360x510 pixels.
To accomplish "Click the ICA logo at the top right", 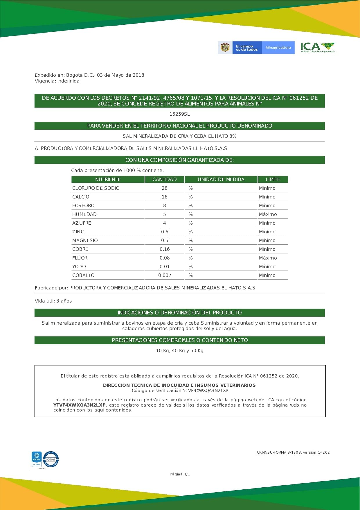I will tap(318, 47).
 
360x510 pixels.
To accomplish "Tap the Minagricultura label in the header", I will tap(278, 47).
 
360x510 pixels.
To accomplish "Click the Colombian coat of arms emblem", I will tap(225, 47).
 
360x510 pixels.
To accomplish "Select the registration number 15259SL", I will tap(180, 114).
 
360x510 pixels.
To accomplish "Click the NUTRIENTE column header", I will tap(108, 180).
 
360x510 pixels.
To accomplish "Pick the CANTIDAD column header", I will tap(165, 180).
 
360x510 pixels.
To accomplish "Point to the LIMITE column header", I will tap(273, 180).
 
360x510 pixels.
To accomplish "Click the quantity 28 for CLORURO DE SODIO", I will tap(165, 188).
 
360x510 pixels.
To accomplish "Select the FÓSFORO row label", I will tap(83, 206).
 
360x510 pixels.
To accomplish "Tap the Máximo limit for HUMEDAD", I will tap(268, 214).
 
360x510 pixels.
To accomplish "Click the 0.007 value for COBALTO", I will tap(165, 275).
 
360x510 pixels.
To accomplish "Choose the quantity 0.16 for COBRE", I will tap(165, 249).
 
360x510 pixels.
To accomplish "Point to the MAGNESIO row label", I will tap(85, 241).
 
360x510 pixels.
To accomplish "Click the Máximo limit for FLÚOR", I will tap(268, 258).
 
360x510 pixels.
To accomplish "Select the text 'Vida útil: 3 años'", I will tap(53, 301).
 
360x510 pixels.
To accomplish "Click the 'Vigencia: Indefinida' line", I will tap(57, 81).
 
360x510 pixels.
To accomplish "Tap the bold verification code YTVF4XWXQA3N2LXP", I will tap(79, 405).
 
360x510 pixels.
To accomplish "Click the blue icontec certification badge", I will tap(37, 459).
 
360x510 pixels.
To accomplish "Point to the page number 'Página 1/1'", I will tap(180, 474).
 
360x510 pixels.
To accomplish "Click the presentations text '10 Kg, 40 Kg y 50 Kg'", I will tap(180, 351).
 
